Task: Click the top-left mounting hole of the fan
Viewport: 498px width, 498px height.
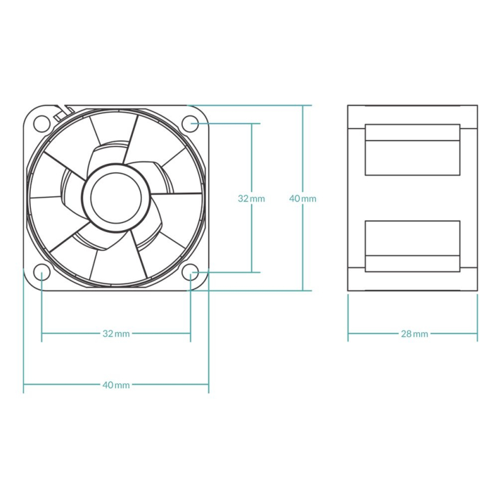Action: coord(42,123)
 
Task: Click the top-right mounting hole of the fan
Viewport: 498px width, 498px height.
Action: coord(190,123)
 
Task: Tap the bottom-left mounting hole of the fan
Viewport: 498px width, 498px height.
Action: coord(42,272)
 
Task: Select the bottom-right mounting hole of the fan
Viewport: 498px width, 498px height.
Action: coord(190,272)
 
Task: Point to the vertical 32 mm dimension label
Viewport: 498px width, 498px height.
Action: coord(251,199)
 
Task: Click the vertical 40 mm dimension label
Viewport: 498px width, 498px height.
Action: coord(303,199)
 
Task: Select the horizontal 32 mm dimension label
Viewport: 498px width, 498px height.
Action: coord(116,333)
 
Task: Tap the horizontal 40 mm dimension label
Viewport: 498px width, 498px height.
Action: coord(116,385)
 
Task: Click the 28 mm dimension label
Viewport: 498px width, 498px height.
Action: coord(414,333)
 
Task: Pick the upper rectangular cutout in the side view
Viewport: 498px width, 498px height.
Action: coord(412,149)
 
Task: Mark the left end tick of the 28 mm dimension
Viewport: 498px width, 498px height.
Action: coord(348,333)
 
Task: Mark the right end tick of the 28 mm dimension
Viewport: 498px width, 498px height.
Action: coord(477,333)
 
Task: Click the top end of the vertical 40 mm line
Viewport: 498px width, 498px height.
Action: coord(303,105)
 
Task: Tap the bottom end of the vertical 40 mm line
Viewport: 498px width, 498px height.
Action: coord(303,291)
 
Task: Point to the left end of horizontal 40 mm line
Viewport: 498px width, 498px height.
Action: coord(24,385)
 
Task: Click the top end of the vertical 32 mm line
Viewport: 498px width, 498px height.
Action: coord(252,124)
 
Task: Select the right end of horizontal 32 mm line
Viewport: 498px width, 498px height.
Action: coord(190,333)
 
